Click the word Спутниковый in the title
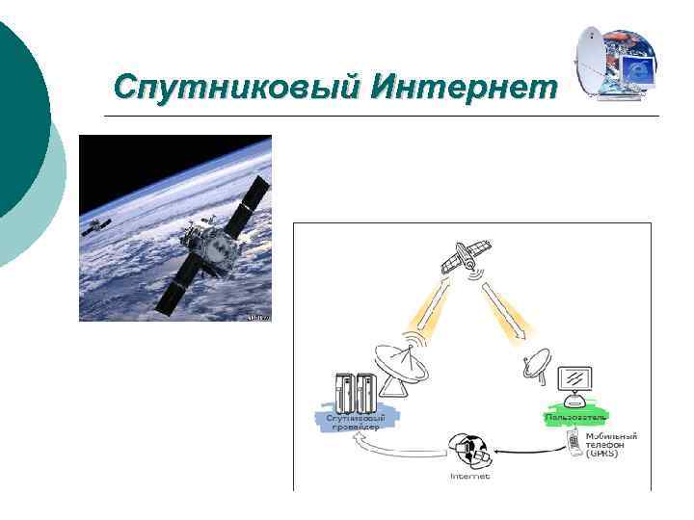235,87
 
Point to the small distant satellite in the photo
94,227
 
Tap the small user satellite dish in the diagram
537,369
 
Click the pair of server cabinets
352,390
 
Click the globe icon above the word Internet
469,450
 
